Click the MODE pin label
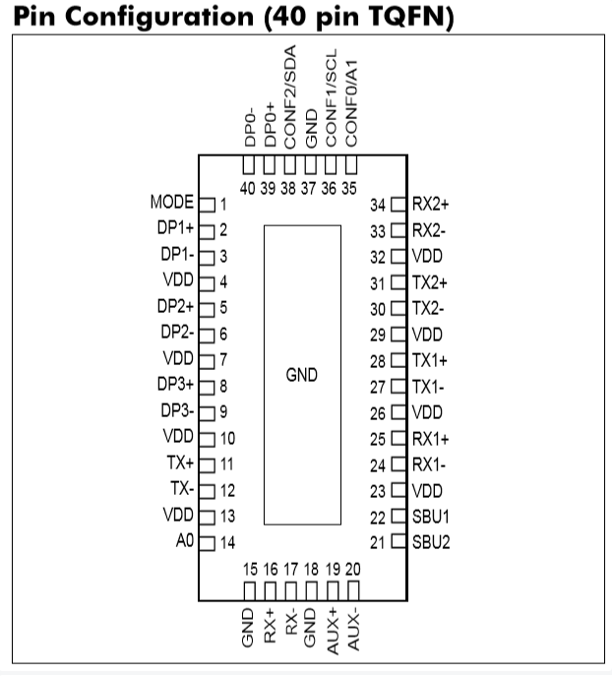pyautogui.click(x=172, y=202)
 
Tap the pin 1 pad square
pyautogui.click(x=207, y=205)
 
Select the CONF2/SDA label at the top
pyautogui.click(x=290, y=97)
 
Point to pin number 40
pyautogui.click(x=247, y=188)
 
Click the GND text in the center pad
pyautogui.click(x=302, y=375)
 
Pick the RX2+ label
pyautogui.click(x=431, y=204)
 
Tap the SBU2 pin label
pyautogui.click(x=431, y=542)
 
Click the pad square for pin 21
pyautogui.click(x=398, y=541)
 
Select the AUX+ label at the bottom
pyautogui.click(x=333, y=631)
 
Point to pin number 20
pyautogui.click(x=352, y=569)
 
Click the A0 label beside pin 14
pyautogui.click(x=185, y=540)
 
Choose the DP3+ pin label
pyautogui.click(x=175, y=384)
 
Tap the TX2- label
pyautogui.click(x=428, y=308)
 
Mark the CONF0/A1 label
pyautogui.click(x=351, y=103)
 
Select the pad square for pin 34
pyautogui.click(x=398, y=204)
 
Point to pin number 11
pyautogui.click(x=226, y=464)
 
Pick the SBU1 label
pyautogui.click(x=431, y=516)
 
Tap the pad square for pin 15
pyautogui.click(x=249, y=590)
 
